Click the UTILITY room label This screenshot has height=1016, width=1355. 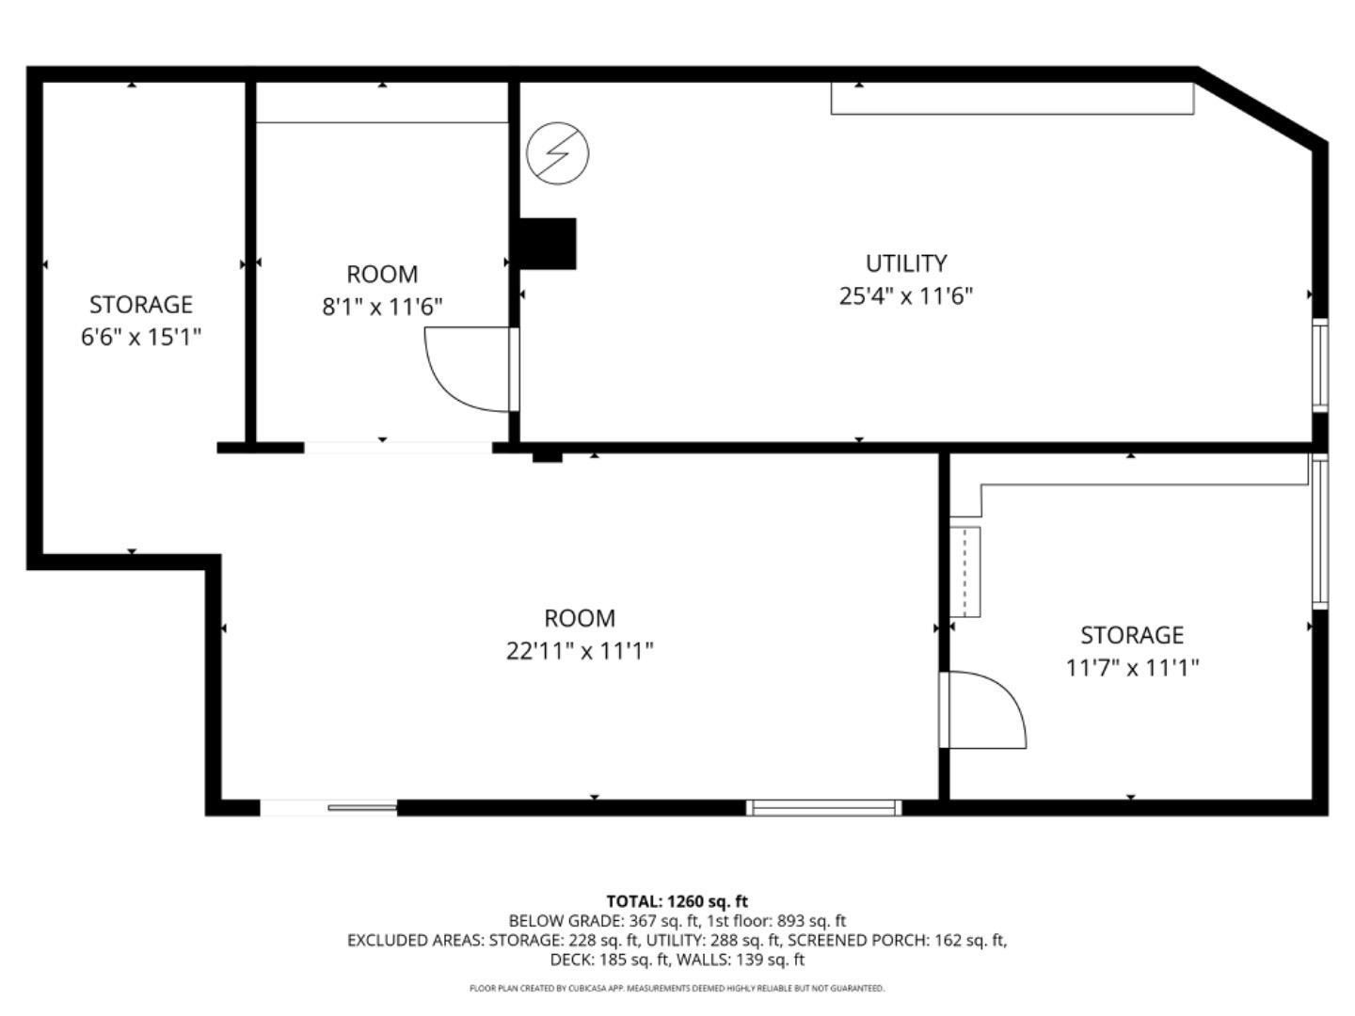[905, 263]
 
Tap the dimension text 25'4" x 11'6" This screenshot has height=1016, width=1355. [905, 296]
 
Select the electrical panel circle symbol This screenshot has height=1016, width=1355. [557, 152]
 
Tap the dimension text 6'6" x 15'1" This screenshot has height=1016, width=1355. [141, 337]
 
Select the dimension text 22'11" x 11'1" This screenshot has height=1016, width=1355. [580, 651]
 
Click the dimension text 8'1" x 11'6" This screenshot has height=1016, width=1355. [382, 307]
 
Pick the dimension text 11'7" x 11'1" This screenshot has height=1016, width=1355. [1131, 668]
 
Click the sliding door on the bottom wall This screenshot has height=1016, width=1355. [328, 807]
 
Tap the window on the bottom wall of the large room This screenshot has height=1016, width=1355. [823, 807]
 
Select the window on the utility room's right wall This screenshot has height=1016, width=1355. [1320, 365]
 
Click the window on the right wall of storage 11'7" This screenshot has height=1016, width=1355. [1320, 532]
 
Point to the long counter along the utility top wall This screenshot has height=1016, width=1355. [1012, 99]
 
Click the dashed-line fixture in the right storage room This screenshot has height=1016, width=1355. [965, 571]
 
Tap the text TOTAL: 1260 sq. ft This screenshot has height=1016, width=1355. [677, 901]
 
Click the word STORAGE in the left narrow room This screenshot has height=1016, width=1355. [141, 305]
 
